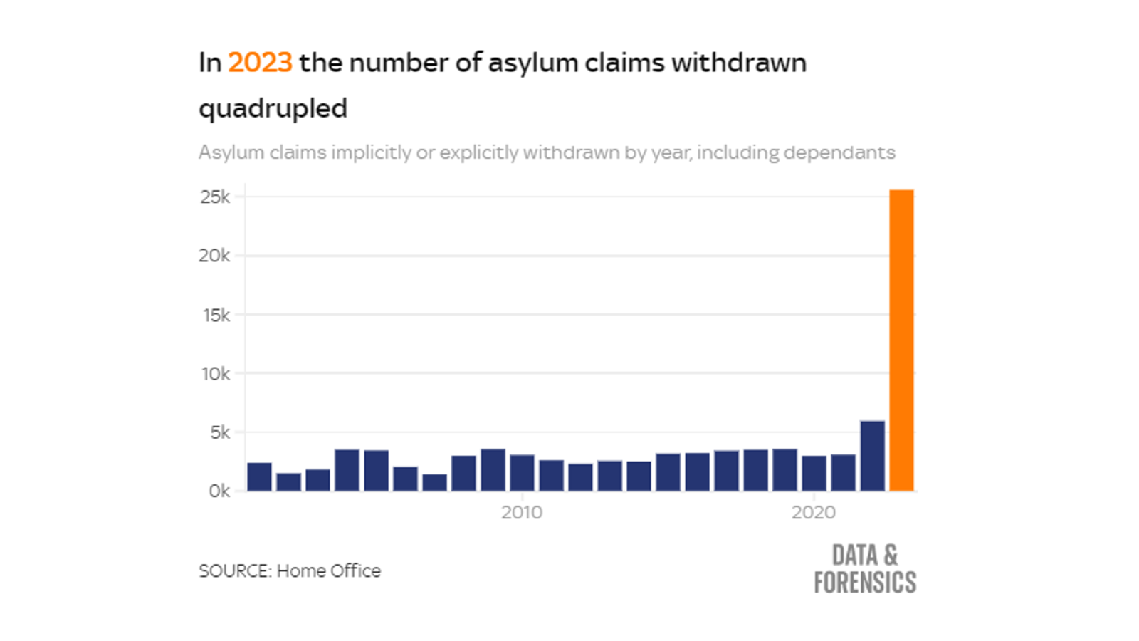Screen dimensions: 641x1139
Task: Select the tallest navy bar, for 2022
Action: [872, 456]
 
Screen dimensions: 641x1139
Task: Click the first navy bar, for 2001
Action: [259, 476]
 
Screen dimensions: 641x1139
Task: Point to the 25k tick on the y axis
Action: [215, 197]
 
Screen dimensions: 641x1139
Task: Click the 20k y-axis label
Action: [214, 256]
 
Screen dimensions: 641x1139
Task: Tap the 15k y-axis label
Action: [216, 315]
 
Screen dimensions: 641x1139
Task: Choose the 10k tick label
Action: [216, 374]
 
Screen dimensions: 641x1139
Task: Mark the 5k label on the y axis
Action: [220, 432]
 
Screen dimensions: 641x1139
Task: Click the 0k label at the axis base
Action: [219, 491]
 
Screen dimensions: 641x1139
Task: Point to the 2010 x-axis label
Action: [522, 513]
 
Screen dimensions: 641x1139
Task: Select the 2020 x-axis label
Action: [814, 513]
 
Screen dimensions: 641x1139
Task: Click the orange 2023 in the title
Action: [260, 63]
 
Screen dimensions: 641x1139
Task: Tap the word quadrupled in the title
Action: [273, 109]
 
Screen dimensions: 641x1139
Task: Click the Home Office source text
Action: [328, 571]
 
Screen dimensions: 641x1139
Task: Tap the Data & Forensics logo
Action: [865, 569]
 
